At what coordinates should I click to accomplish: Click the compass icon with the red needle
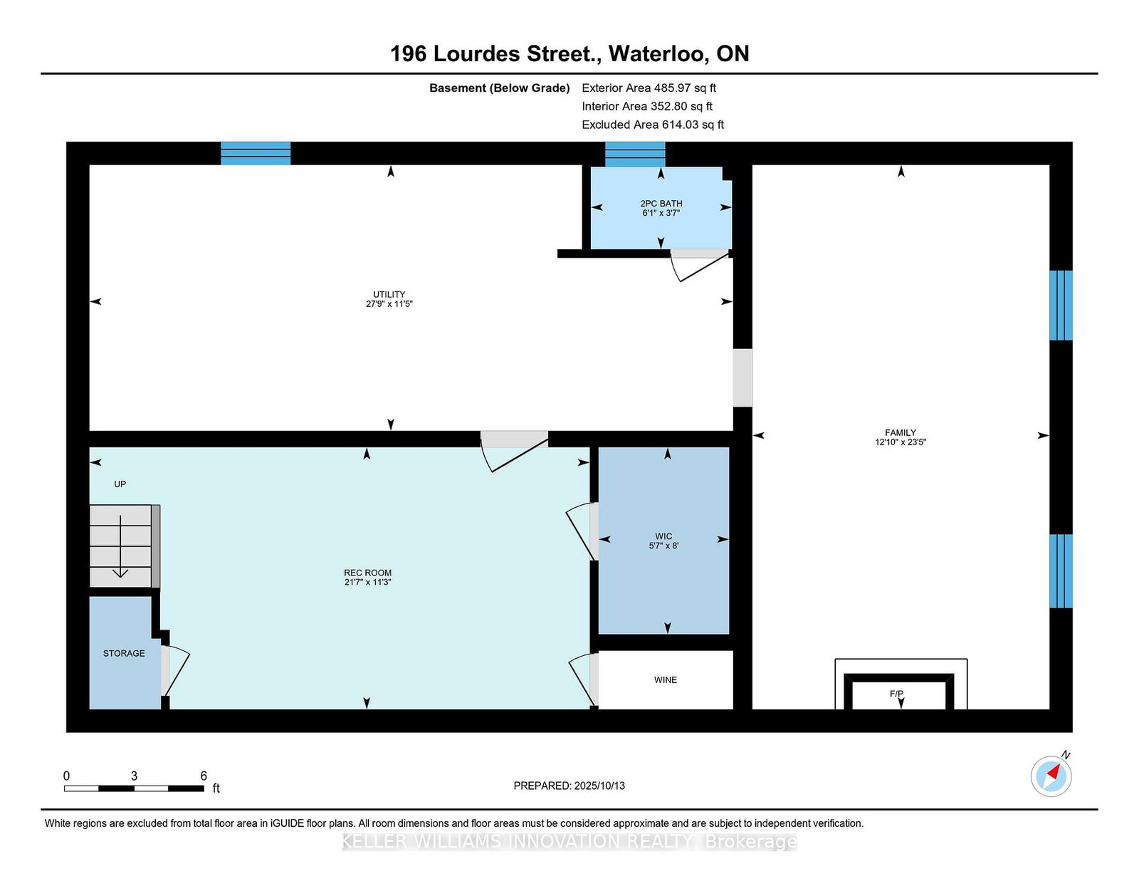point(1051,776)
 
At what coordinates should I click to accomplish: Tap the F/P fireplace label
point(896,694)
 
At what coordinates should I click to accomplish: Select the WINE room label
point(665,679)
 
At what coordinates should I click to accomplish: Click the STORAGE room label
point(124,653)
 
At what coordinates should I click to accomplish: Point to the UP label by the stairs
point(120,484)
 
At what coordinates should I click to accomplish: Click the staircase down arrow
point(120,546)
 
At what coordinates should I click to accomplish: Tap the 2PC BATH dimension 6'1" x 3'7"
point(661,213)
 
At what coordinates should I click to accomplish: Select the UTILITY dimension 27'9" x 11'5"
point(389,303)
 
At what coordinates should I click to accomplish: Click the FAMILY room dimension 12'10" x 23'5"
point(901,442)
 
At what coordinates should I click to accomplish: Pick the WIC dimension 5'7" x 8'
point(663,546)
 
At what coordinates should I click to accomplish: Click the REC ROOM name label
point(367,573)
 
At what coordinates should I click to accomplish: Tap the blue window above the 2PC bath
point(635,154)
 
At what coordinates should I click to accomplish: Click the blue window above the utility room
point(256,153)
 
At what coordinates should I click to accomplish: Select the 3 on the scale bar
point(134,776)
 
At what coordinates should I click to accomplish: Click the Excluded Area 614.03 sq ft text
point(653,125)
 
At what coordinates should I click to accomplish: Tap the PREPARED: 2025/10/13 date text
point(569,786)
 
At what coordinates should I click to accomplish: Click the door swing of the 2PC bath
point(700,266)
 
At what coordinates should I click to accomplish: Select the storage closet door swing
point(175,671)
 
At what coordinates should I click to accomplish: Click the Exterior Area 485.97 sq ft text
point(649,88)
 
